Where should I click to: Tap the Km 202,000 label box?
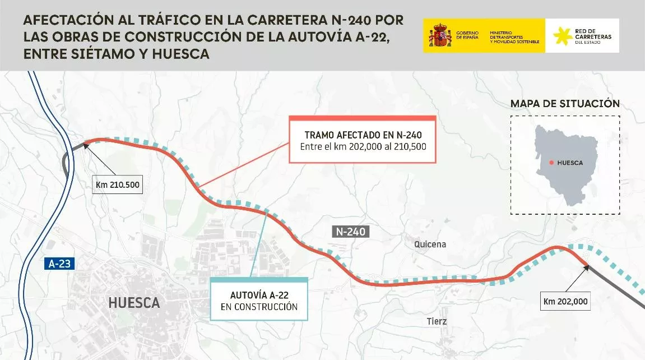pyautogui.click(x=565, y=301)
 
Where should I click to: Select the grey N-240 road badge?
pyautogui.click(x=351, y=231)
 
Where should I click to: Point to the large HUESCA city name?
pyautogui.click(x=134, y=303)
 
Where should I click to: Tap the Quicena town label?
pyautogui.click(x=430, y=244)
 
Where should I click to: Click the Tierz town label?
pyautogui.click(x=437, y=321)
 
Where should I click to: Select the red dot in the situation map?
pyautogui.click(x=551, y=163)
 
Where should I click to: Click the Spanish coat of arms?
pyautogui.click(x=440, y=35)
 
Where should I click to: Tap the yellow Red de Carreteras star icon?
pyautogui.click(x=563, y=36)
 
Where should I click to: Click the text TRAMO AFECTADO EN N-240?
pyautogui.click(x=363, y=135)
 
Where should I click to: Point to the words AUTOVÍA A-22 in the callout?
pyautogui.click(x=259, y=295)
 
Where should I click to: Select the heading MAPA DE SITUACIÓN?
pyautogui.click(x=565, y=104)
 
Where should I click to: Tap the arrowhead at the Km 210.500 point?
pyautogui.click(x=86, y=144)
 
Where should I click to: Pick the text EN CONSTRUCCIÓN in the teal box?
pyautogui.click(x=259, y=307)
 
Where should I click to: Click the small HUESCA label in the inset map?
pyautogui.click(x=570, y=163)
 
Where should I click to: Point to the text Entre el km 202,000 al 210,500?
pyautogui.click(x=363, y=147)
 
